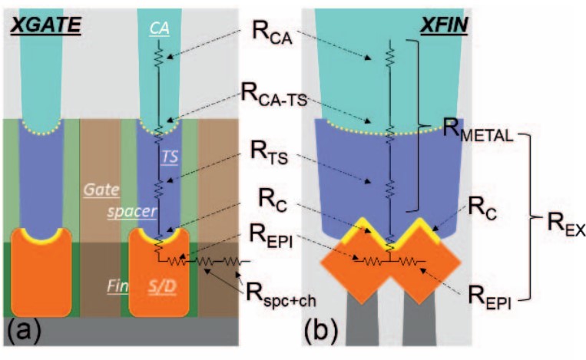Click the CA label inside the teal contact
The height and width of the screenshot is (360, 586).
160,28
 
